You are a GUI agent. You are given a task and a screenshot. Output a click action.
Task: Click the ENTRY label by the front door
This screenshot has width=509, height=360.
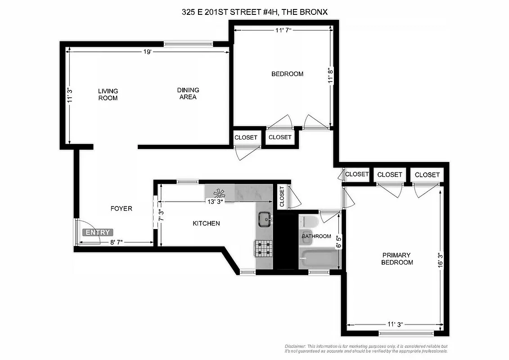(x=98, y=233)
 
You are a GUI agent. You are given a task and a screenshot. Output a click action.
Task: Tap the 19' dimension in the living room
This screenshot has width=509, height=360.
(x=147, y=52)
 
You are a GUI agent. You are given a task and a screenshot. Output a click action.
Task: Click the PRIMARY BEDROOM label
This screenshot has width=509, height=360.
(x=397, y=259)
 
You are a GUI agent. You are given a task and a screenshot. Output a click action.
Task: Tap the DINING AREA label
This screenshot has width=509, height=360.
(x=188, y=94)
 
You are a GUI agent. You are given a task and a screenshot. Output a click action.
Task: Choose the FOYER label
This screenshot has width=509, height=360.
(x=122, y=208)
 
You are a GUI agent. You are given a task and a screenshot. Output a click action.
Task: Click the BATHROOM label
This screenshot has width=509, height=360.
(x=316, y=236)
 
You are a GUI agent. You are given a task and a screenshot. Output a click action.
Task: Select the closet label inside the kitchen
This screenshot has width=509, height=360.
(x=282, y=197)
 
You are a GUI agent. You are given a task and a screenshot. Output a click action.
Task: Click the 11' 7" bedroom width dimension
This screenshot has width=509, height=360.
(x=284, y=30)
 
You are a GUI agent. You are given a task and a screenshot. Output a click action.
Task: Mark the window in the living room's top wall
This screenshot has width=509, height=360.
(x=188, y=44)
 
